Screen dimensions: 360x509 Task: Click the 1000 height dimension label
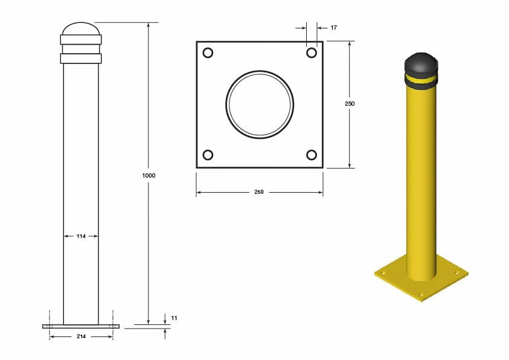pos(149,175)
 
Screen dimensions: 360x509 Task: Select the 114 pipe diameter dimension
pos(81,236)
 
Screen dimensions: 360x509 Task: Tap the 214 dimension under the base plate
pos(81,336)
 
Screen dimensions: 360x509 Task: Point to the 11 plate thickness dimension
pos(174,318)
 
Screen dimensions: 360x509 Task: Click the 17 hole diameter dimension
pos(334,28)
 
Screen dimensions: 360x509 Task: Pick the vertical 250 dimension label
pos(350,104)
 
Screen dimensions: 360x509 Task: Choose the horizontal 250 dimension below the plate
pos(259,192)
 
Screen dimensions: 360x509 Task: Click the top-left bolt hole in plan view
pos(208,53)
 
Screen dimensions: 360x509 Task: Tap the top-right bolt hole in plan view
pos(312,53)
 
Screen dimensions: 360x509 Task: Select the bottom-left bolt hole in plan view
pos(208,155)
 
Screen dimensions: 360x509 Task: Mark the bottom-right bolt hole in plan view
pos(312,155)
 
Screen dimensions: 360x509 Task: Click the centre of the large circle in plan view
pos(260,104)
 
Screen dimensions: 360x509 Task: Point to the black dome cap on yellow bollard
pos(421,62)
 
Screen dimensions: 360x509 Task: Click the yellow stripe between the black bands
pos(421,79)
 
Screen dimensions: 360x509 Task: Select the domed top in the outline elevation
pos(81,28)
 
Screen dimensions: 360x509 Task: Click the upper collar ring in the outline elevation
pos(81,40)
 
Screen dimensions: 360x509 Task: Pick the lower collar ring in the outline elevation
pos(81,59)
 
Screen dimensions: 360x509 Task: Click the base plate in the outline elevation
pos(81,326)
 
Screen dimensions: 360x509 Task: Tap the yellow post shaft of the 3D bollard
pos(421,181)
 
